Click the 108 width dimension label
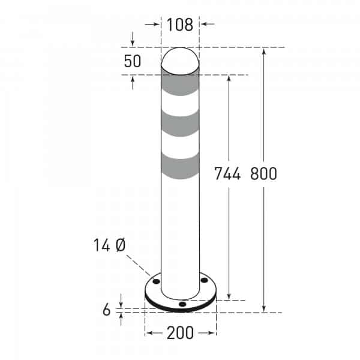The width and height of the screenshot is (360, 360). tap(180, 25)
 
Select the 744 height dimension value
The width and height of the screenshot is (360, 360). tap(228, 174)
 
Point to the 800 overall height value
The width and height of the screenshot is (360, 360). tap(263, 174)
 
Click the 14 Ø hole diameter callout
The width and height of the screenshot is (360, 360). tap(109, 245)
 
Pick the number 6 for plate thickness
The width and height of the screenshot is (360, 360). tap(107, 310)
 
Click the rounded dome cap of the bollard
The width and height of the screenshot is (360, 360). tap(181, 60)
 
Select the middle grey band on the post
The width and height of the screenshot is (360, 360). tap(181, 125)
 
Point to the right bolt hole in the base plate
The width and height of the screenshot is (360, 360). tap(204, 280)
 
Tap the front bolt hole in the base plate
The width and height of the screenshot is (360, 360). tap(182, 305)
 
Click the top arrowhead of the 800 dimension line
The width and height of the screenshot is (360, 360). tap(263, 51)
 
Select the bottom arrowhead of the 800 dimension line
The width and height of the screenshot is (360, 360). tap(263, 308)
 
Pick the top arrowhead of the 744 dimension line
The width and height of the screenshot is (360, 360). tap(229, 78)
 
